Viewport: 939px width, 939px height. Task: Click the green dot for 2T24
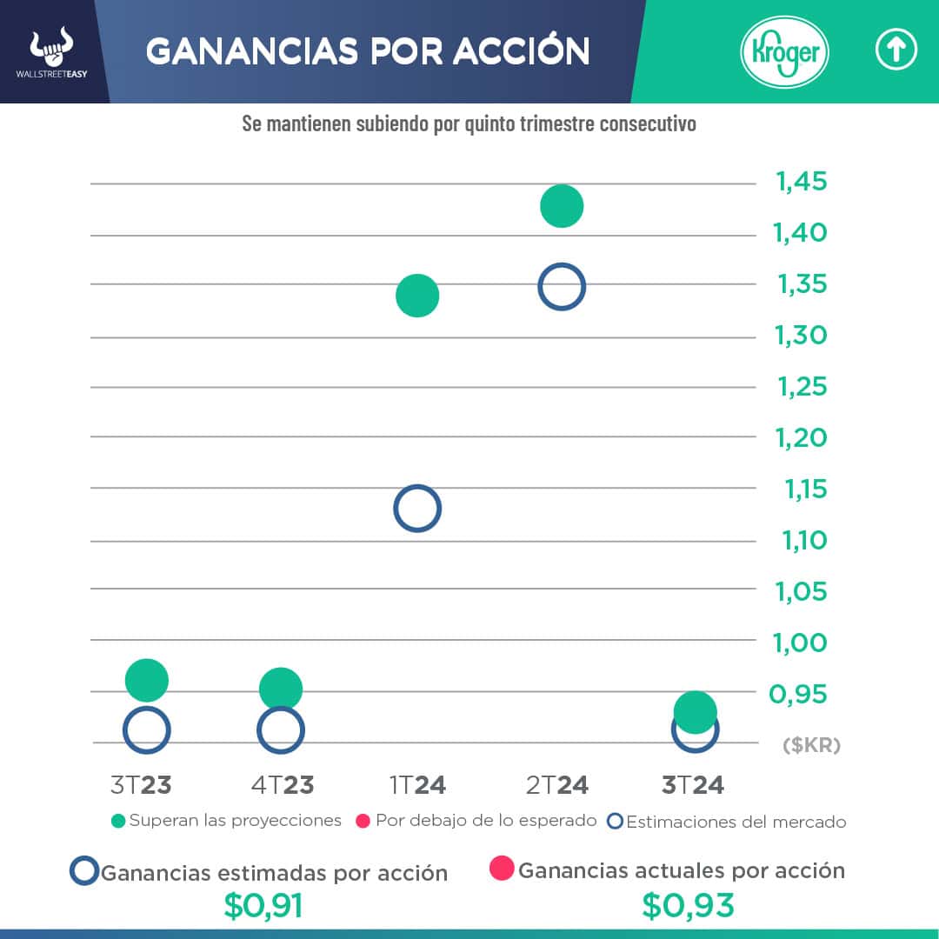tap(562, 206)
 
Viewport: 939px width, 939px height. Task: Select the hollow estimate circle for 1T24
tap(417, 509)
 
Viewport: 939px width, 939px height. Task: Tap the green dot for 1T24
tap(417, 296)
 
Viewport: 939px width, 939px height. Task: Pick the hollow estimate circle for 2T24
tap(562, 287)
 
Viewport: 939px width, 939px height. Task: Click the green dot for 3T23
tap(146, 680)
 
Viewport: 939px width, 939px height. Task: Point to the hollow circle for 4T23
tap(280, 730)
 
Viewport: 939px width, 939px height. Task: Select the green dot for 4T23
tap(280, 689)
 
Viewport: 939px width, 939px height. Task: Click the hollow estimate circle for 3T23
tap(146, 730)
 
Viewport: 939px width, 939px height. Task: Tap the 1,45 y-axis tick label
tap(802, 183)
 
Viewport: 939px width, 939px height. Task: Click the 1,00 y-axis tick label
tap(801, 643)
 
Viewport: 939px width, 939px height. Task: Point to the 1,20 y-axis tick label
tap(802, 437)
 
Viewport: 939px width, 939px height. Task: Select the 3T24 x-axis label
tap(693, 785)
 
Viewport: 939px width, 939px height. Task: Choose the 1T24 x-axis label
tap(417, 785)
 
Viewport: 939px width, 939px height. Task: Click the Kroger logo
tap(784, 53)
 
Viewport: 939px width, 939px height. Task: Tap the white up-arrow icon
tap(896, 51)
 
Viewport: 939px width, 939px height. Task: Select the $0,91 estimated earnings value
tap(263, 907)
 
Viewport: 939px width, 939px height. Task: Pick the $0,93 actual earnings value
tap(689, 907)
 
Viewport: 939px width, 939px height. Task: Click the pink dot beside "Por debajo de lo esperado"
tap(363, 821)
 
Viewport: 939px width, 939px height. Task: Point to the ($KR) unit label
tap(812, 745)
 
